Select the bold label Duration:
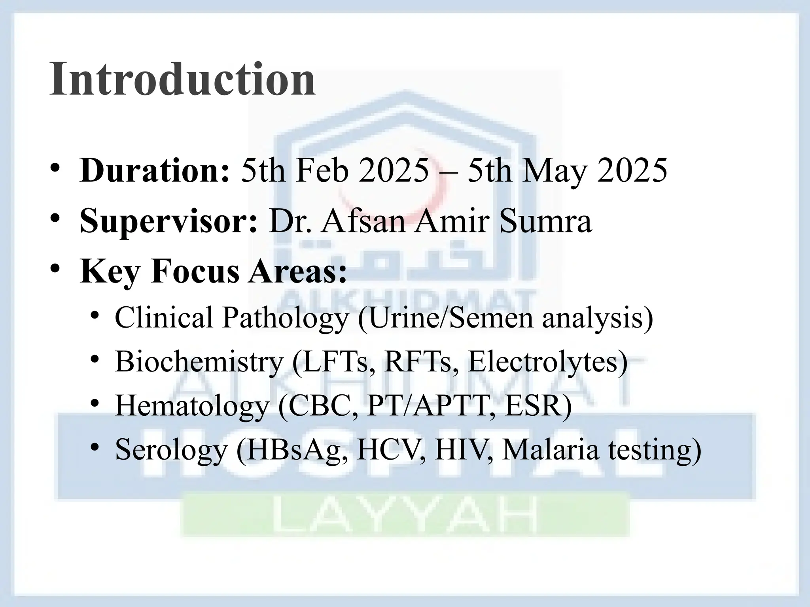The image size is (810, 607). [x=154, y=171]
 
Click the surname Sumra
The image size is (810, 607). [x=545, y=221]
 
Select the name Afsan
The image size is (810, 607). [x=363, y=221]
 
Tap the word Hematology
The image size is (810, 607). [x=192, y=406]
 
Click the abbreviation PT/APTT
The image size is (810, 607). [x=431, y=406]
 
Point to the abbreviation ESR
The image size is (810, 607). [x=538, y=406]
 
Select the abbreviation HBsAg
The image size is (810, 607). [x=293, y=450]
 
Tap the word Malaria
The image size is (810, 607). [x=550, y=450]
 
